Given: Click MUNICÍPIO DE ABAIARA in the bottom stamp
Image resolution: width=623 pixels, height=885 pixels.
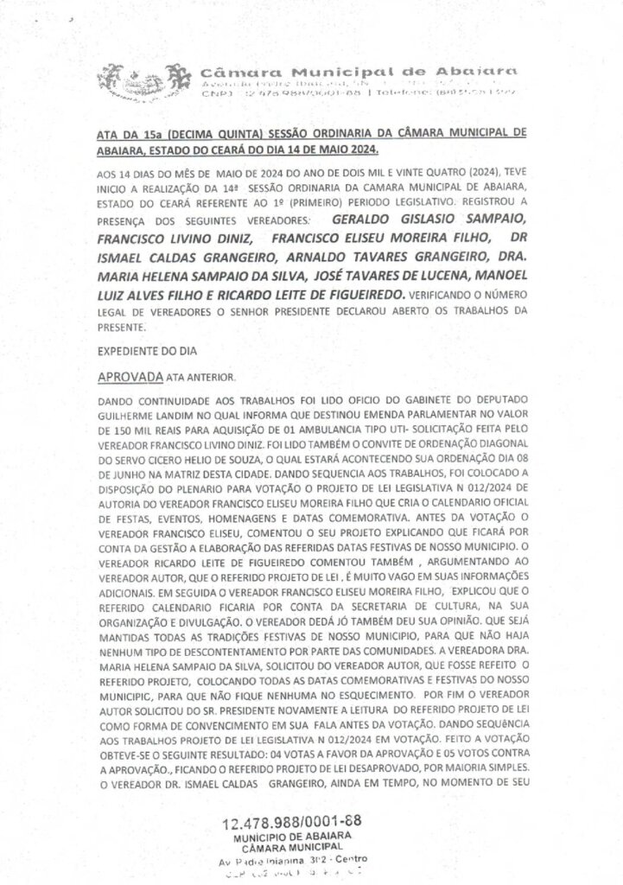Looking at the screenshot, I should [291, 838].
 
